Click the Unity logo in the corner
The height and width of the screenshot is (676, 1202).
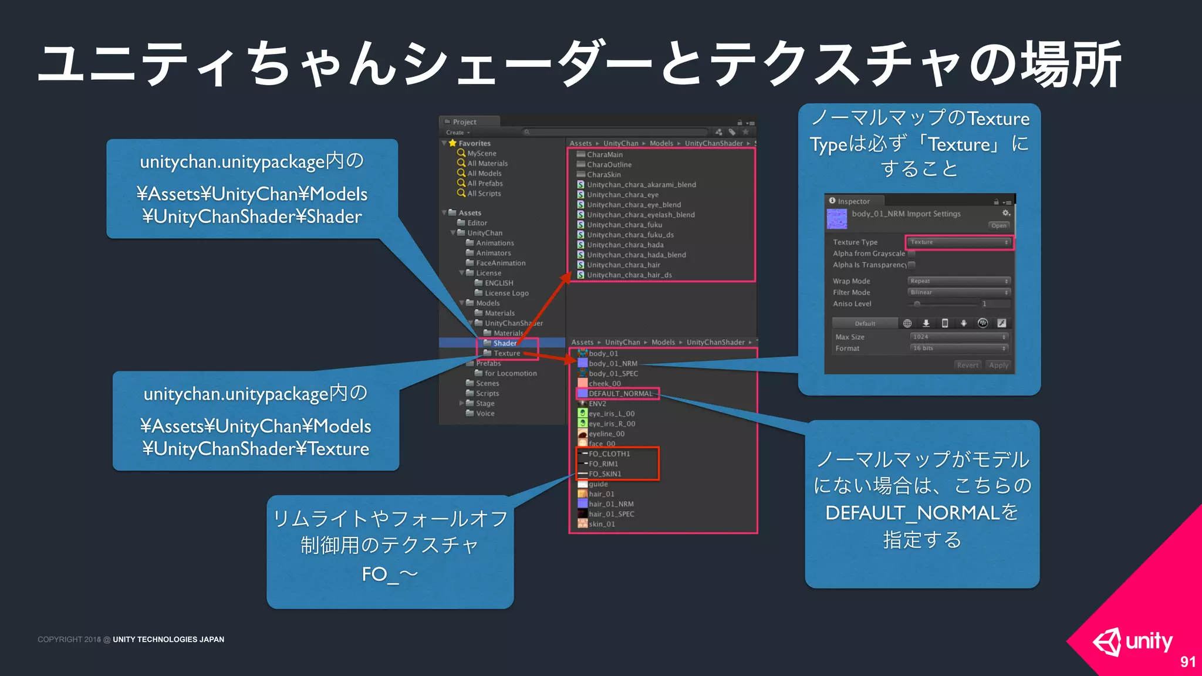1133,641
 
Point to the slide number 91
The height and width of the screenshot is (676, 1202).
1187,662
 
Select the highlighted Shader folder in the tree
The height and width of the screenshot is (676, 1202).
504,343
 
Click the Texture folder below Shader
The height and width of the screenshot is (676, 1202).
506,353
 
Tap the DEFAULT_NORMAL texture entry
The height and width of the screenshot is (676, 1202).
620,394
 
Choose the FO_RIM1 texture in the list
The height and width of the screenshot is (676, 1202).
603,464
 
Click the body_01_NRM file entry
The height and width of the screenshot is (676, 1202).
612,363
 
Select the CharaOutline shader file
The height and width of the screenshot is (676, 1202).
609,165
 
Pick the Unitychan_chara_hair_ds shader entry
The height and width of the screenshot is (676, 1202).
629,275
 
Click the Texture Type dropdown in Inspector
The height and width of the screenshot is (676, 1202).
959,242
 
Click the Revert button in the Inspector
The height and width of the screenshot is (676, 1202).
967,365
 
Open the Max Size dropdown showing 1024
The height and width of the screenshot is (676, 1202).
959,337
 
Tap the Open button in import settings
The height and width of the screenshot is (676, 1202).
998,225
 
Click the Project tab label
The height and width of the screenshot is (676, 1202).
464,122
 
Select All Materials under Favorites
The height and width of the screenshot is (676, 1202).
487,164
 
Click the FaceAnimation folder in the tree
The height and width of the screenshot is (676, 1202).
500,263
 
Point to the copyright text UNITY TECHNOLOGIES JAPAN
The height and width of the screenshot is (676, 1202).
168,640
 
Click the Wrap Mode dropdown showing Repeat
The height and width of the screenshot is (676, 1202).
959,281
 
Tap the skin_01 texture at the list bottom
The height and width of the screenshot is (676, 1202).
601,524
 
